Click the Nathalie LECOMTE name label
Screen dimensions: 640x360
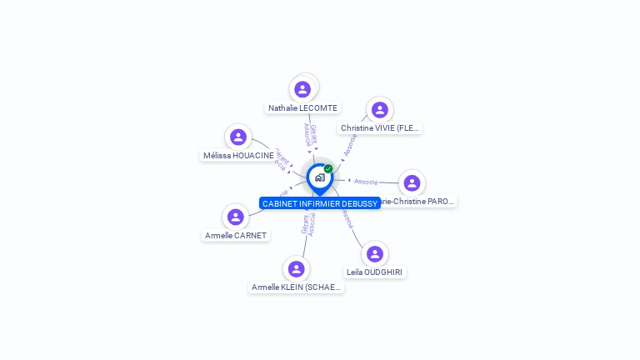(x=302, y=108)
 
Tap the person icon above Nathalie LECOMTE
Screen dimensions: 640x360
(x=302, y=89)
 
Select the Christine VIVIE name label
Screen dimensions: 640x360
(x=380, y=128)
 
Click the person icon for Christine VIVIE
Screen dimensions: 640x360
(x=380, y=110)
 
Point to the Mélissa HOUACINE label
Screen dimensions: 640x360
(x=238, y=156)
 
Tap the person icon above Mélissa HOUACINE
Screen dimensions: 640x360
(x=238, y=137)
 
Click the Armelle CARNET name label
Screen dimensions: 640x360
(x=236, y=236)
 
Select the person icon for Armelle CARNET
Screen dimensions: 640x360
(x=236, y=217)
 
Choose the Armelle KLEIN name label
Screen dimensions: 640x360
(x=296, y=287)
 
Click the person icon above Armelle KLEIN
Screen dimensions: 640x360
(x=296, y=269)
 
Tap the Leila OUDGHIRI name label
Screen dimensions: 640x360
(x=375, y=272)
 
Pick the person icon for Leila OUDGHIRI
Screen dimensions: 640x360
(x=375, y=253)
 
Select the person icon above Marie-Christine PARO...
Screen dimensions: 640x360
(x=412, y=183)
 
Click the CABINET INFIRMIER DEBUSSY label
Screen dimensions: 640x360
(x=320, y=203)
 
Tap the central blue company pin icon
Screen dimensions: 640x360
(x=319, y=177)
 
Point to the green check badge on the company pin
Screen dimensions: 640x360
(x=328, y=169)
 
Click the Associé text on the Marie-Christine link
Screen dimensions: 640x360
(x=366, y=182)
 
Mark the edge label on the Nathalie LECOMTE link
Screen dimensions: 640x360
(x=309, y=136)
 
